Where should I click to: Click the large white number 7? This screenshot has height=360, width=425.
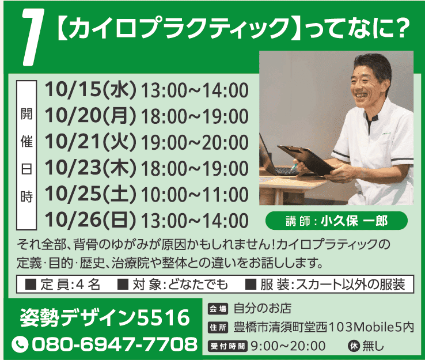click(32, 37)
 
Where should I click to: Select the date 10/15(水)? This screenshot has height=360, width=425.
click(90, 90)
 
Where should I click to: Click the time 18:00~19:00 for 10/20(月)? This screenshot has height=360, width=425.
click(194, 116)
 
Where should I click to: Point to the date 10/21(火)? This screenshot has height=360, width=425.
click(90, 142)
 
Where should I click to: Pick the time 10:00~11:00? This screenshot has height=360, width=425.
click(194, 195)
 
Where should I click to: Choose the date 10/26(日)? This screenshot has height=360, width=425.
click(90, 220)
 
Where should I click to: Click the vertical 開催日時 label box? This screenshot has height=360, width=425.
click(26, 155)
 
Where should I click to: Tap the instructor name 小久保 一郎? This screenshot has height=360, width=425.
click(354, 221)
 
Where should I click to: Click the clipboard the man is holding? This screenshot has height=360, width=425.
click(306, 160)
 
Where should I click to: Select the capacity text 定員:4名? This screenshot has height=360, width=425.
click(63, 285)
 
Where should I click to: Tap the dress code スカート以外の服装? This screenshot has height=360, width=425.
click(351, 285)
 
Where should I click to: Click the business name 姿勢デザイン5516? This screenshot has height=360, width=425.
click(105, 318)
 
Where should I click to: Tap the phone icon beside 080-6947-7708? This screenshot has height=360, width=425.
click(20, 344)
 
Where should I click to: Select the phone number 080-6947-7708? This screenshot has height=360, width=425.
click(115, 344)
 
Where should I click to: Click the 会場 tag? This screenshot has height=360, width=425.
click(217, 309)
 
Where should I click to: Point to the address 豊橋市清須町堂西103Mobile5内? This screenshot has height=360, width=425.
click(324, 327)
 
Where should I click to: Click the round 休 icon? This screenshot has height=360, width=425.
click(354, 346)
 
